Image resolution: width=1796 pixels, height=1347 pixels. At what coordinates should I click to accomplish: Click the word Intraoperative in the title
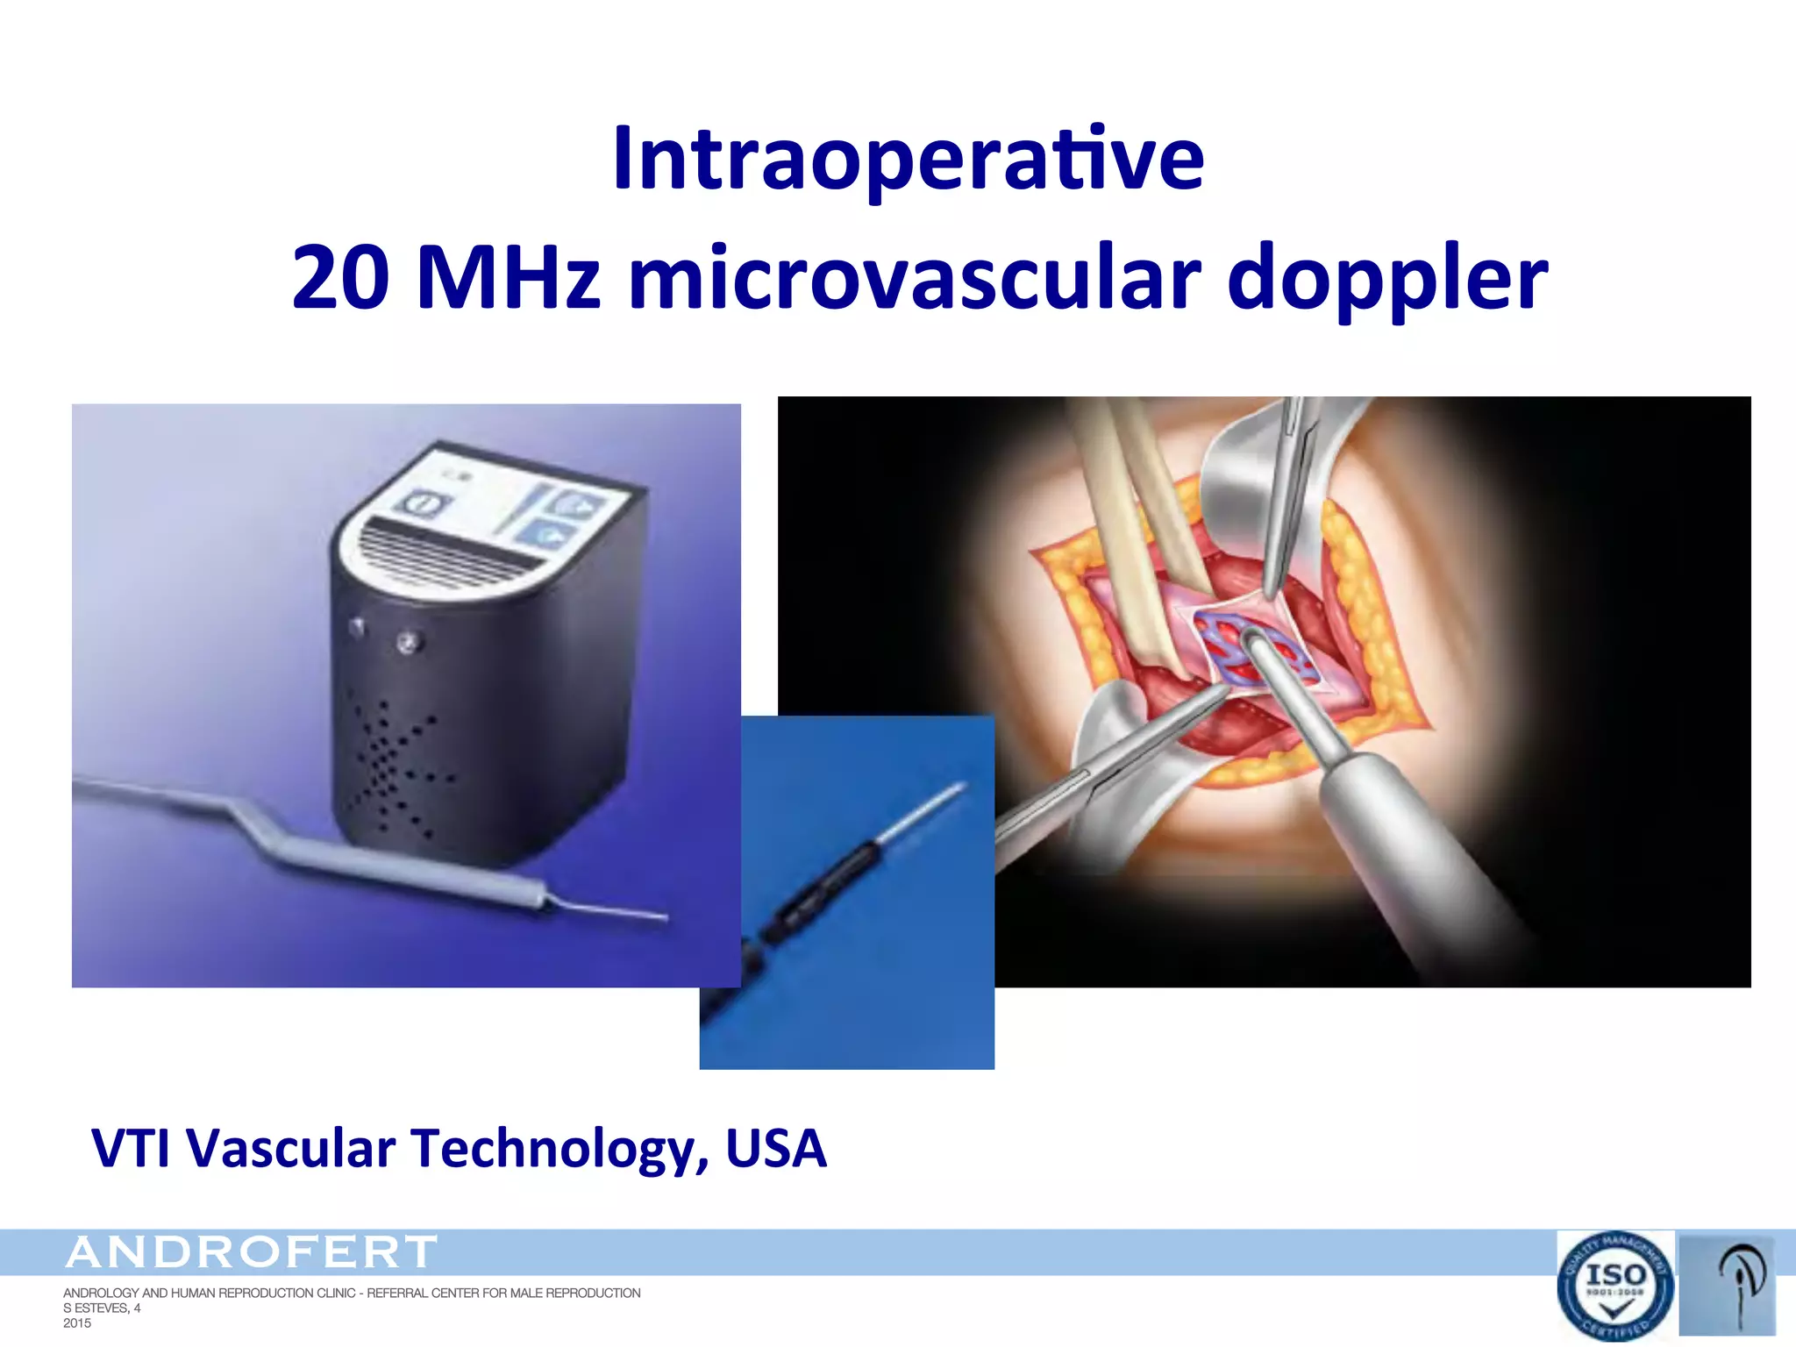(909, 160)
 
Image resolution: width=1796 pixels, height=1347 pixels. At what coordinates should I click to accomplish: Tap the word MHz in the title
(509, 279)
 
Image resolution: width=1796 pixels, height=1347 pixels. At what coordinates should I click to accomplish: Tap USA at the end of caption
(776, 1149)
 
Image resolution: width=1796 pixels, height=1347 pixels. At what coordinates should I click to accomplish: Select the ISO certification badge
(1614, 1286)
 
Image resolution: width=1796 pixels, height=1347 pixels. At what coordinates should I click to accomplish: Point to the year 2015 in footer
(77, 1323)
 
